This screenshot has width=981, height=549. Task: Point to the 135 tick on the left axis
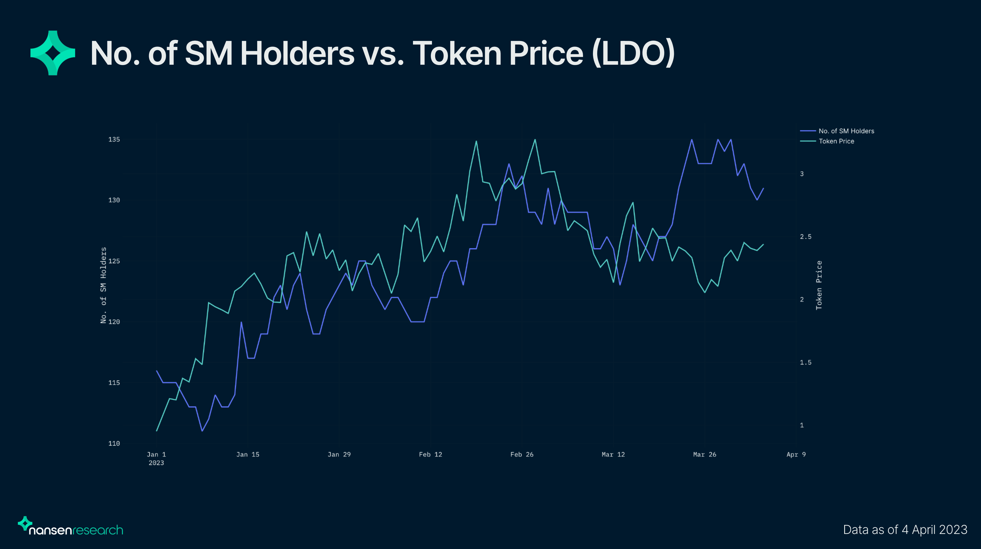coord(114,139)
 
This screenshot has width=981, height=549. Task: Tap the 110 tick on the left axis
coord(114,443)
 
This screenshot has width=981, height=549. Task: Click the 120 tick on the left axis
coord(114,322)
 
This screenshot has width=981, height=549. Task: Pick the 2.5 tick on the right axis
coord(806,237)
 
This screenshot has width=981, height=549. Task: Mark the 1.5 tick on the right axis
coord(806,362)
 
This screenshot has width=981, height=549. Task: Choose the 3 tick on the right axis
coord(802,174)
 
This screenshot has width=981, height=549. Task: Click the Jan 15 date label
coord(248,454)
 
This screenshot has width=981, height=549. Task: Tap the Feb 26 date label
coord(522,454)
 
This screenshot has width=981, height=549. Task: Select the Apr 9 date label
coord(796,454)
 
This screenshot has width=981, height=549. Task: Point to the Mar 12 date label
coord(613,454)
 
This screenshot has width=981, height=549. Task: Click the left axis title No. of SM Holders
coord(103,285)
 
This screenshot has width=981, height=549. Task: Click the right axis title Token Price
coord(819,285)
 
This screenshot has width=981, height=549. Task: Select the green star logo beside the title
coord(53,53)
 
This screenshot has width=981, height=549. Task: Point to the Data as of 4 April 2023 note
coord(905,530)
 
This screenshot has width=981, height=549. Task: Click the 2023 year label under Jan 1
coord(156,463)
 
